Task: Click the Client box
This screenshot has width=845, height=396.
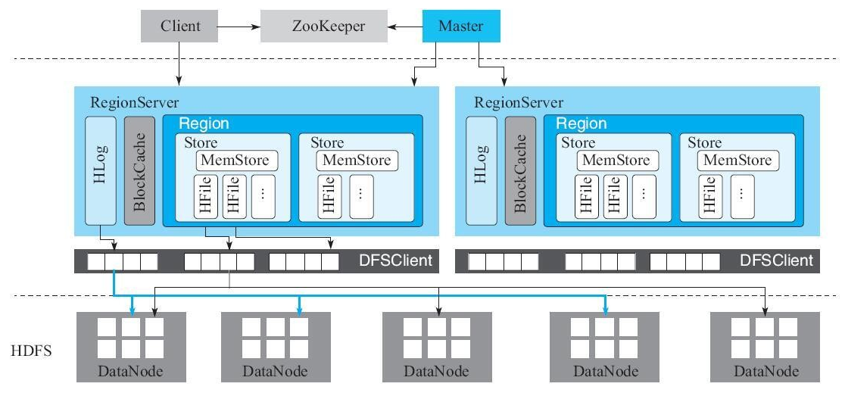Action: tap(181, 27)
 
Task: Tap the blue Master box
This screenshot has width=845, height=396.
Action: tap(462, 27)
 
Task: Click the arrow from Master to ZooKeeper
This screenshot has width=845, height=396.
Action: tap(405, 27)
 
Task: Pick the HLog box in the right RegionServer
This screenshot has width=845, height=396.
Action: tap(480, 171)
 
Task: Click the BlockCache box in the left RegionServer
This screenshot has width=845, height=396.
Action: tap(139, 171)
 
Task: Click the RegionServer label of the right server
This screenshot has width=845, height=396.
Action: tap(518, 102)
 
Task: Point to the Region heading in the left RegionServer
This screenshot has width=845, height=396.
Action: tap(202, 123)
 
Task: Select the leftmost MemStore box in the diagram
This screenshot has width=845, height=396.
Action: tap(237, 161)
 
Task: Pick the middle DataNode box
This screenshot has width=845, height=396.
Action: tap(436, 345)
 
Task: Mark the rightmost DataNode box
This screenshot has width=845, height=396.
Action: tap(765, 345)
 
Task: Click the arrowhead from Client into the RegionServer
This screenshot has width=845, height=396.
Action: tap(179, 80)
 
